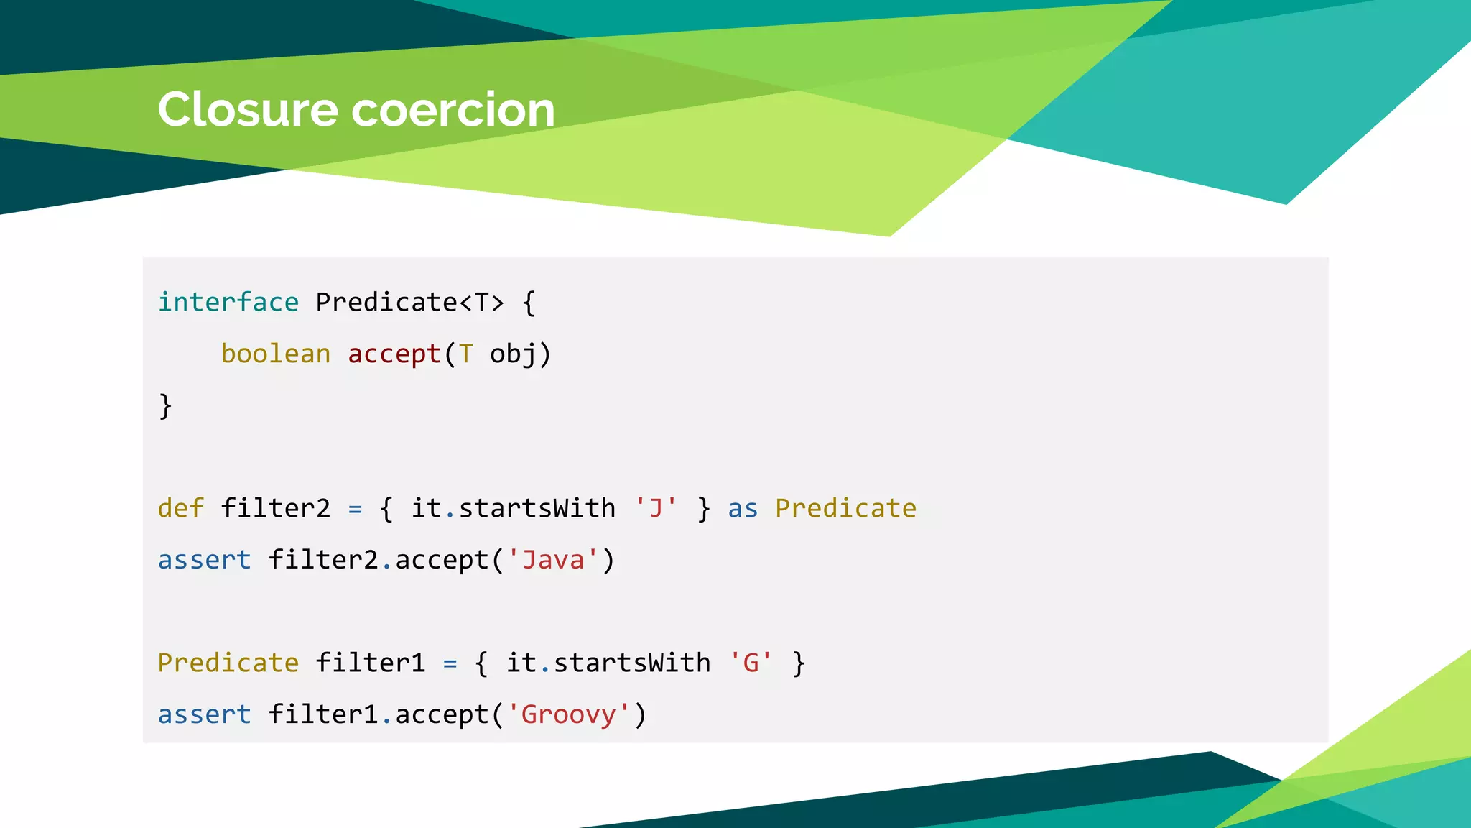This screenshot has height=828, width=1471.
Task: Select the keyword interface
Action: click(x=228, y=302)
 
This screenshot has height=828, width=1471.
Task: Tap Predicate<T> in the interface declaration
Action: click(x=410, y=302)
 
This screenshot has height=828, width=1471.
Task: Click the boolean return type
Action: click(x=276, y=354)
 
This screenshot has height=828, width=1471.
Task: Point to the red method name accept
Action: click(x=394, y=354)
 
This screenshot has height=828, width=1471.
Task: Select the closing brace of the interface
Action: click(x=165, y=406)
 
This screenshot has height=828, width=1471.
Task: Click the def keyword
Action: click(x=181, y=508)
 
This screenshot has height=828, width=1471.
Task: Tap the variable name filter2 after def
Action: click(x=276, y=508)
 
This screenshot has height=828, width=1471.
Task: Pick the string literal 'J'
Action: click(x=656, y=508)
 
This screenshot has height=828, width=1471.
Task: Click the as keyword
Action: click(x=743, y=508)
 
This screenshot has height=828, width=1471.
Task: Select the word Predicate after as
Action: click(x=845, y=508)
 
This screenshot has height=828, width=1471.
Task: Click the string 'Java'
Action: click(x=552, y=560)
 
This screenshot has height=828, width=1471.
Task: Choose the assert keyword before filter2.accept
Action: click(x=205, y=560)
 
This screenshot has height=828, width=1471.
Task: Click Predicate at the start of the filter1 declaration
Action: click(x=228, y=663)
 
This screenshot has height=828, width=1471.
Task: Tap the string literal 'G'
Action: click(x=751, y=663)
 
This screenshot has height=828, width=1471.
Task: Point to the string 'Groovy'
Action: click(x=568, y=714)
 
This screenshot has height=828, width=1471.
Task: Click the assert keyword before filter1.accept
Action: click(x=205, y=714)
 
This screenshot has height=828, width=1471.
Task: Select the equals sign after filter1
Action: click(x=450, y=663)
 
